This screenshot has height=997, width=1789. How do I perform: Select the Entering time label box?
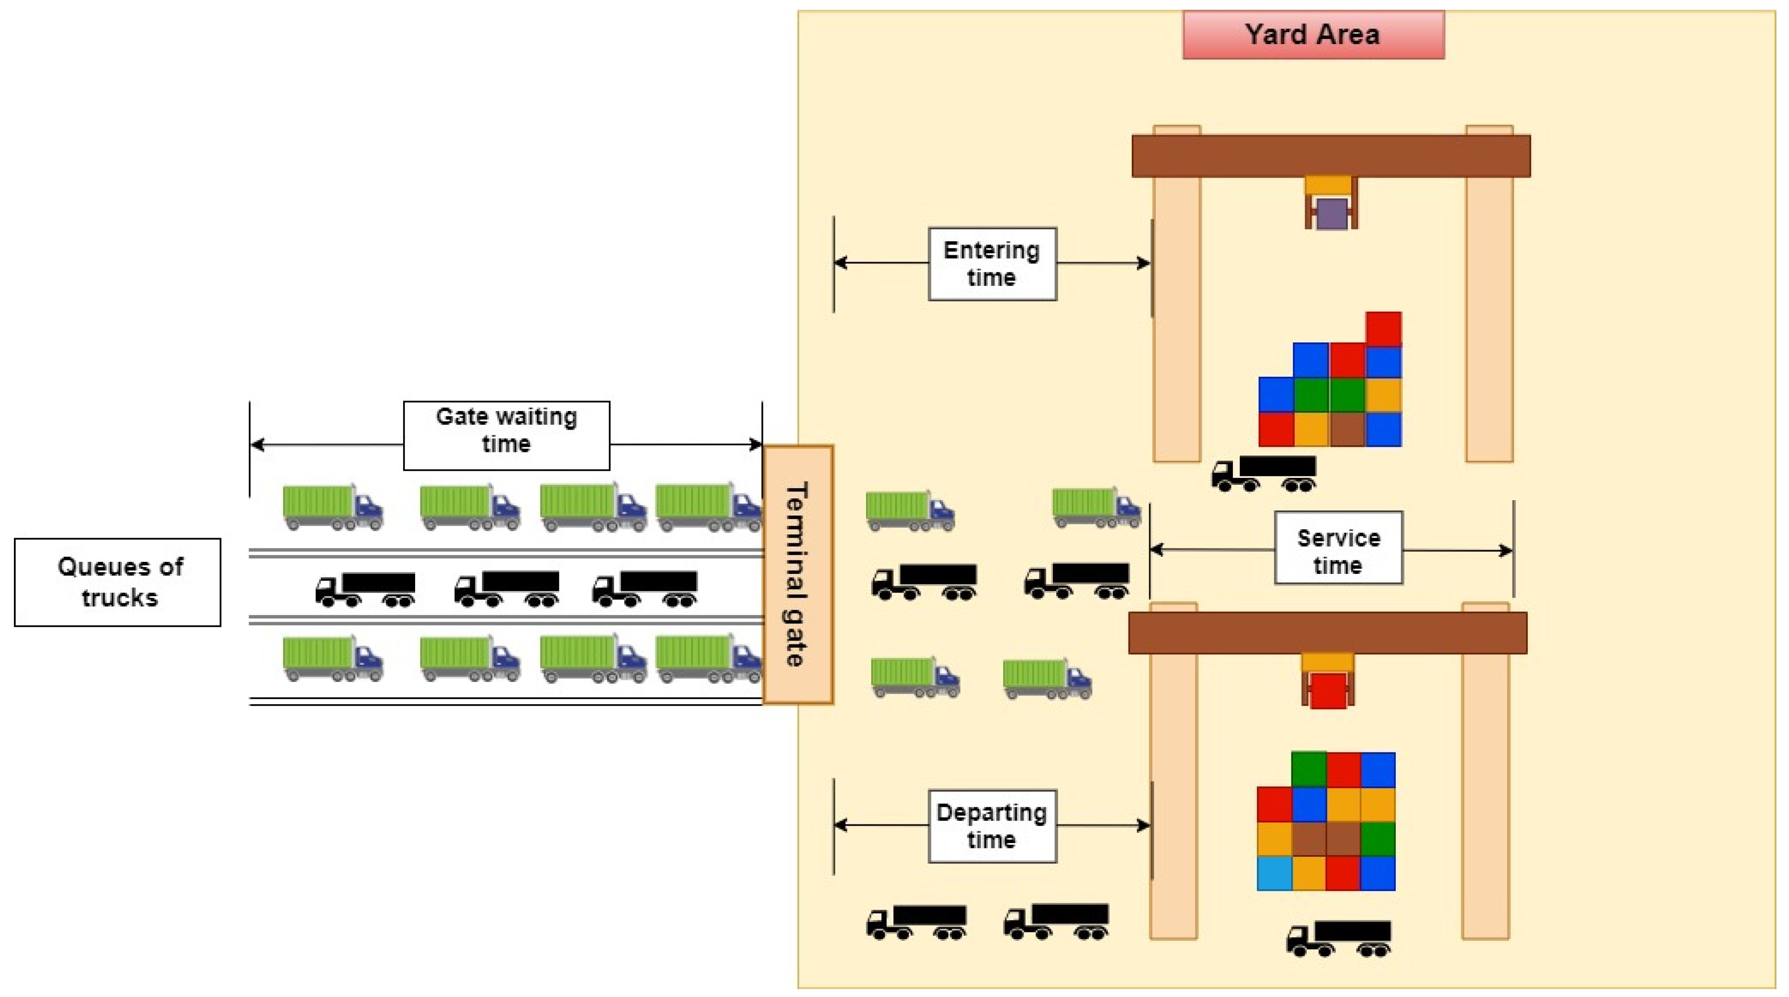click(992, 264)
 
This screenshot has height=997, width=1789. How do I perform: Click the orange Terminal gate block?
click(797, 574)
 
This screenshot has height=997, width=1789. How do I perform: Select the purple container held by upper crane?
click(1331, 214)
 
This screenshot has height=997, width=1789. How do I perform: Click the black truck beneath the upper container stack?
click(1264, 473)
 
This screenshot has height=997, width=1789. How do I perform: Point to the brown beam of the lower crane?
click(1327, 632)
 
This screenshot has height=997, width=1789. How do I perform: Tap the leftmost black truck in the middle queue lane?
click(365, 590)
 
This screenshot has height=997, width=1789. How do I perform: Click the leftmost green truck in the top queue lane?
click(333, 507)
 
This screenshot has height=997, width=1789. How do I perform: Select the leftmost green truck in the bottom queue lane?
click(333, 658)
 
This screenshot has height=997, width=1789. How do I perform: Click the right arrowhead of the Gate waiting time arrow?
click(757, 444)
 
